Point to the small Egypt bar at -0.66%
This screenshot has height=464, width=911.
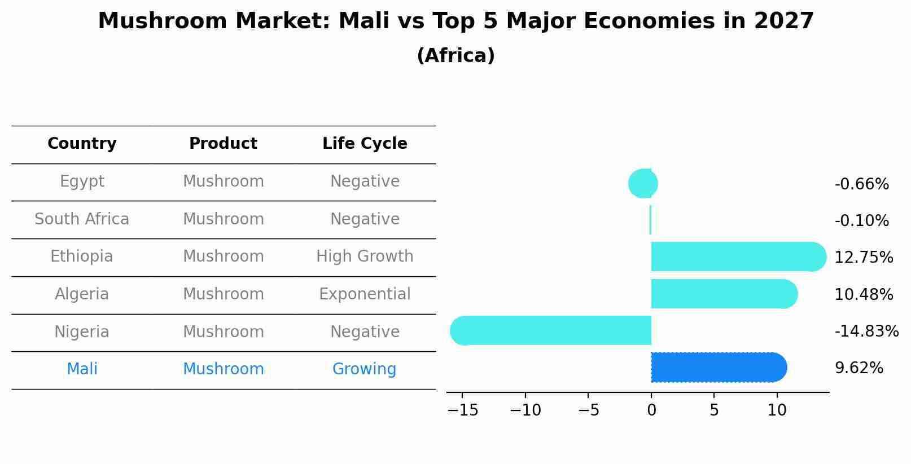click(x=643, y=184)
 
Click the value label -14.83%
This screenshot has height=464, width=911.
click(x=866, y=331)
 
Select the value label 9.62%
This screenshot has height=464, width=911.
click(x=859, y=368)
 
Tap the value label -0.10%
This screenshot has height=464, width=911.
click(x=861, y=220)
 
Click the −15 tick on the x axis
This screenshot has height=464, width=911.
click(x=463, y=410)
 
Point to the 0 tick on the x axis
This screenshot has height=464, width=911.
click(x=651, y=410)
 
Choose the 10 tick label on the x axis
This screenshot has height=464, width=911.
click(x=777, y=410)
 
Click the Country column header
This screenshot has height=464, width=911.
click(x=82, y=144)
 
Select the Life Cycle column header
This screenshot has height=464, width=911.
click(x=365, y=144)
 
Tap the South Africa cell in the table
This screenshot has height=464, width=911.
click(x=82, y=219)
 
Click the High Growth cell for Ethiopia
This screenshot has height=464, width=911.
click(x=365, y=257)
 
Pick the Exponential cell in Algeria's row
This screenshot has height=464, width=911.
click(x=365, y=294)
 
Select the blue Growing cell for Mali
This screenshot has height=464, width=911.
click(x=364, y=369)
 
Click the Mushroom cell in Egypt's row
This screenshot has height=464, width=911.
click(x=224, y=182)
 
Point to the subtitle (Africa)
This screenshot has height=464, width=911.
click(x=455, y=56)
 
